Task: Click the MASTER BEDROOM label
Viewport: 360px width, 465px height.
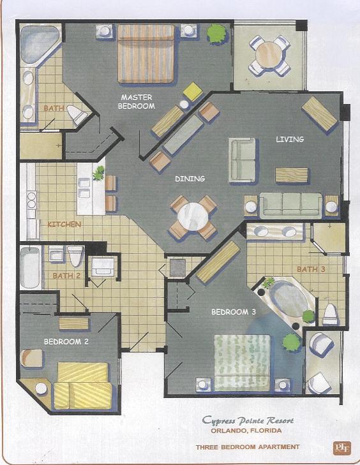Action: (x=136, y=102)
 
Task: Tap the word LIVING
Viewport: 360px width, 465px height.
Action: (x=290, y=139)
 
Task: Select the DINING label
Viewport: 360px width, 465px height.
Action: (x=190, y=179)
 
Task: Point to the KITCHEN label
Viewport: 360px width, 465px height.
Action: (x=64, y=225)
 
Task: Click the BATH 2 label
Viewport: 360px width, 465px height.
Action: (x=66, y=276)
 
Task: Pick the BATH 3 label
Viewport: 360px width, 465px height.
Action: (x=313, y=270)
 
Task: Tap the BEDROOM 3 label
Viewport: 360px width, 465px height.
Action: (x=234, y=312)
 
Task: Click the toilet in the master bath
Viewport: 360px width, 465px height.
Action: (x=77, y=115)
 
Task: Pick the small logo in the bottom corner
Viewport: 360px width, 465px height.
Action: (x=339, y=447)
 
